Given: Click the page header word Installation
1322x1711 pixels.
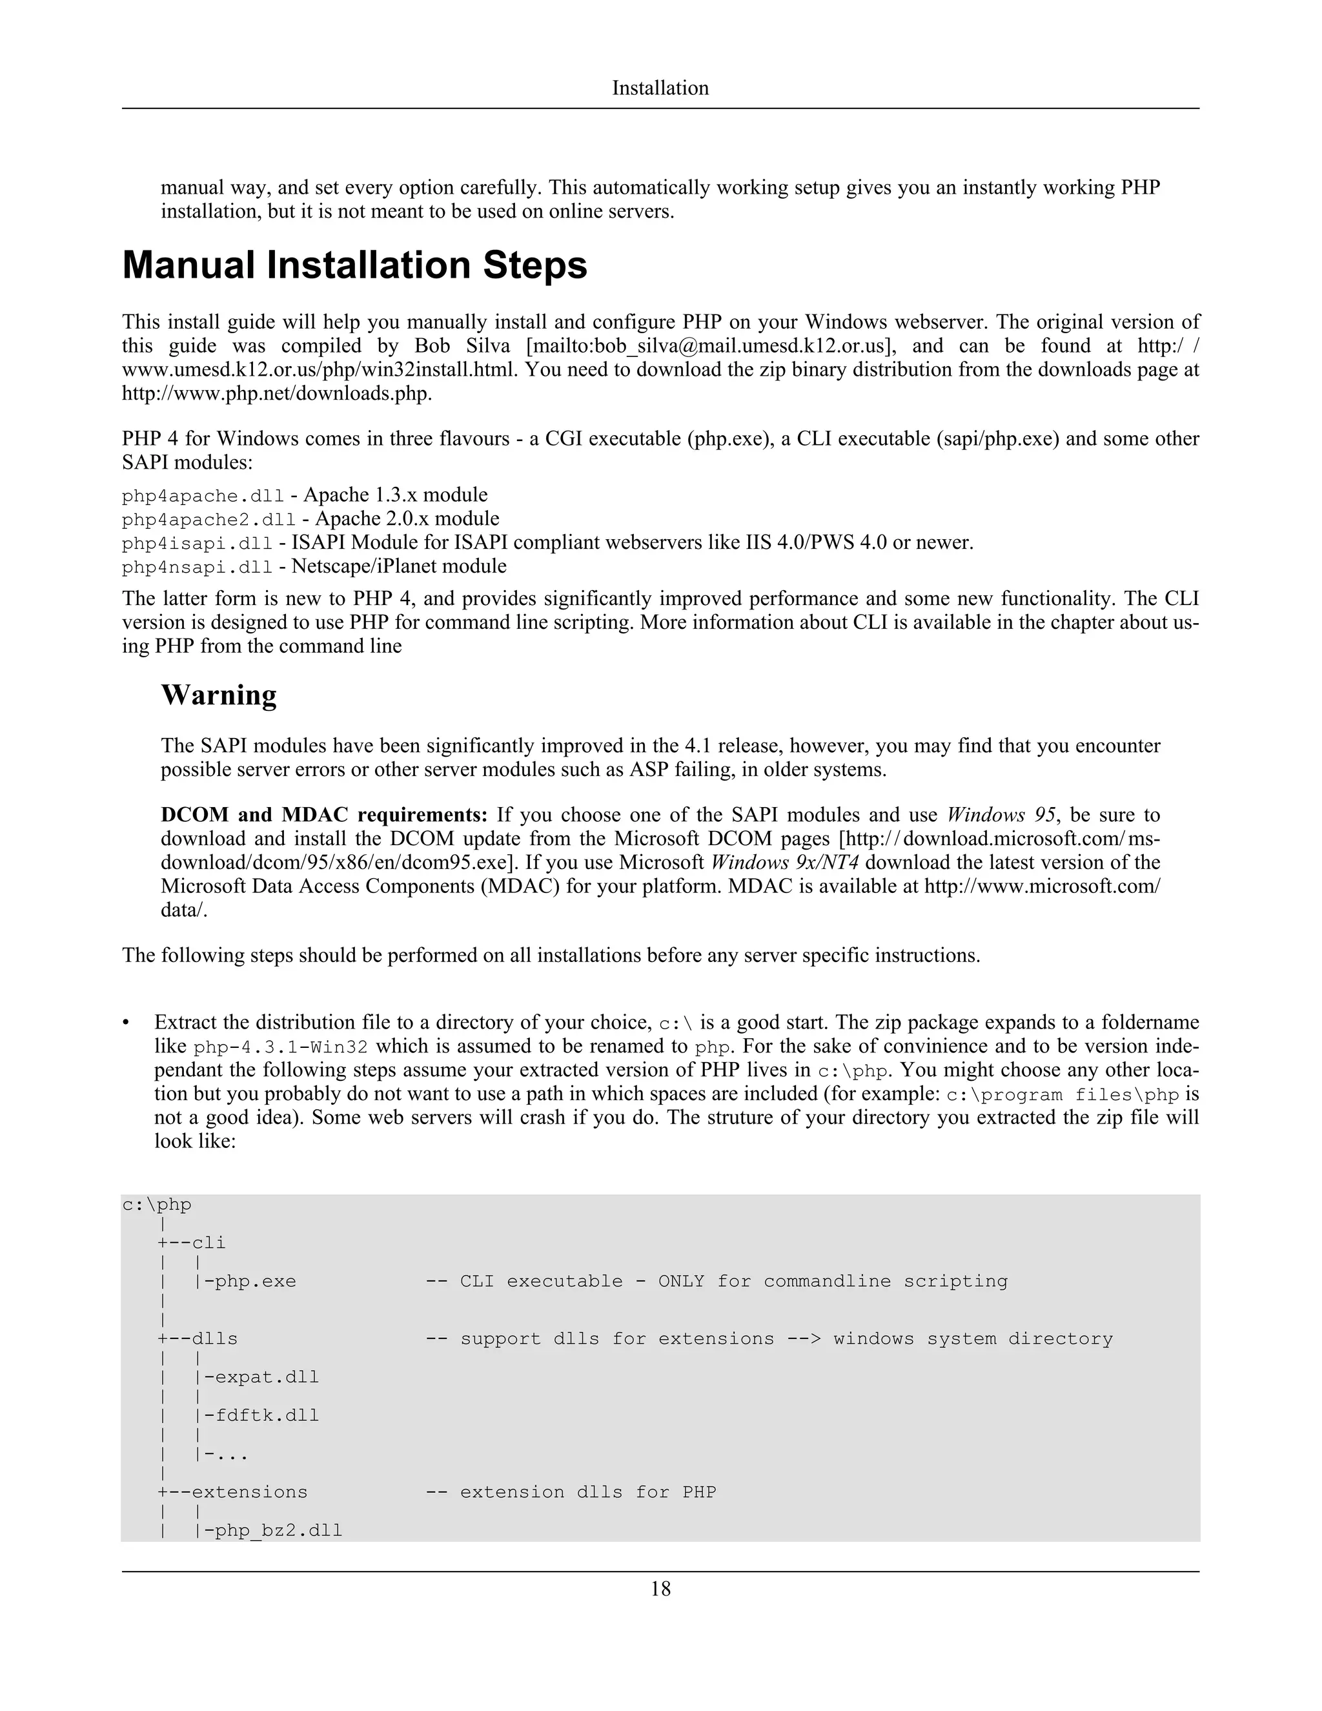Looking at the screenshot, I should click(660, 88).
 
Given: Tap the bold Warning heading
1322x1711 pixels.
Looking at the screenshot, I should click(219, 695).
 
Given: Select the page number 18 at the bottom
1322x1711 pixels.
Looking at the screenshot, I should click(660, 1588).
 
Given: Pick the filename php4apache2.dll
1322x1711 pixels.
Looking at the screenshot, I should click(208, 519).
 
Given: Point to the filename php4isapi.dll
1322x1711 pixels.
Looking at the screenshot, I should click(198, 544).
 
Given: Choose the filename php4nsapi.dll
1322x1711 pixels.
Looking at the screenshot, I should click(198, 567).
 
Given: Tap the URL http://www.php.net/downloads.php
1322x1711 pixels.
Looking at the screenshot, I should click(276, 393).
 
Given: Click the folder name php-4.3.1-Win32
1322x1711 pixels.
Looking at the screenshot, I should click(280, 1047).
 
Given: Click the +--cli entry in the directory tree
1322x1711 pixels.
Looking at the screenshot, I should click(192, 1242).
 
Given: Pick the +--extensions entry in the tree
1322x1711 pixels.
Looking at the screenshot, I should click(232, 1491).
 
